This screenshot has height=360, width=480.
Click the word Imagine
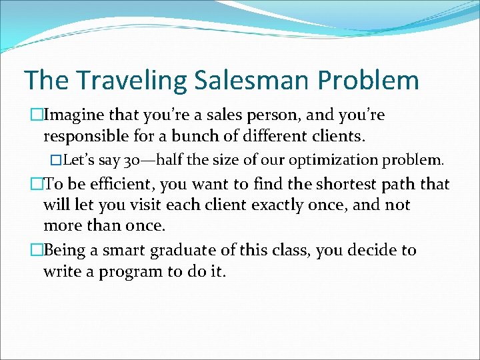73,115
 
